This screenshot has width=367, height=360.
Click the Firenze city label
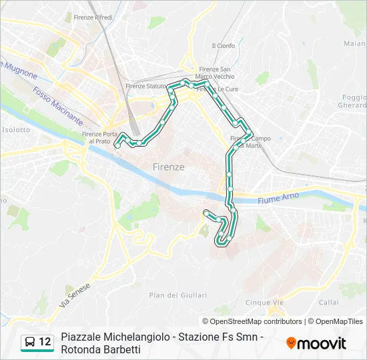168,167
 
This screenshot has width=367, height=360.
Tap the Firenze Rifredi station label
93,17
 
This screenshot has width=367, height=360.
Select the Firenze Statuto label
146,86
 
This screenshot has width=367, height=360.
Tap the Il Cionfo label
223,46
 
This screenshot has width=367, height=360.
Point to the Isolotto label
17,129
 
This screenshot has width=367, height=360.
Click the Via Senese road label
74,294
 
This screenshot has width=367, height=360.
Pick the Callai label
328,302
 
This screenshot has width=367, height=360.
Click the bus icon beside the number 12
30,341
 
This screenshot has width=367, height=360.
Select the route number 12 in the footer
45,341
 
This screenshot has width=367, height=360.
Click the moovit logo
316,343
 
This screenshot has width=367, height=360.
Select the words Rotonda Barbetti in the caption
101,350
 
